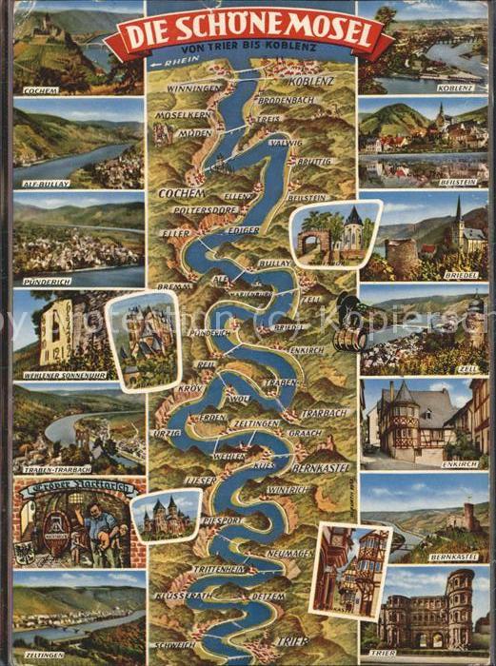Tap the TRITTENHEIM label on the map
220,568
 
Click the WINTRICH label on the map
288,489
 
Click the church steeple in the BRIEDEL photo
458,215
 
